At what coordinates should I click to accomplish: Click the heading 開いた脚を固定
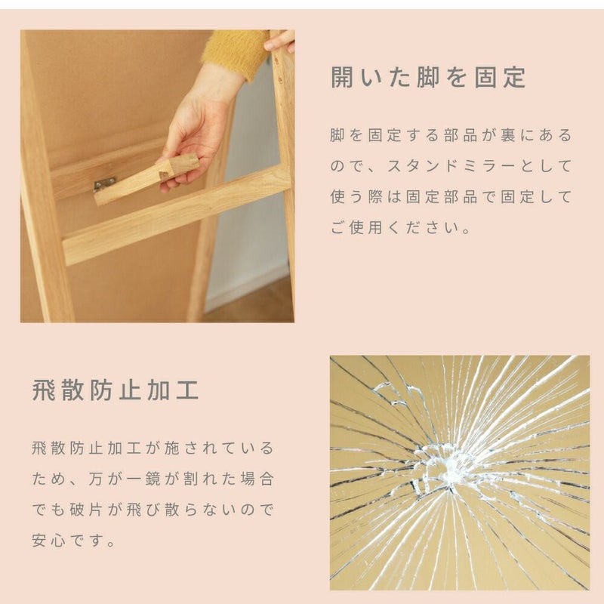click(x=428, y=77)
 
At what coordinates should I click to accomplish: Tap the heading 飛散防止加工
click(x=116, y=390)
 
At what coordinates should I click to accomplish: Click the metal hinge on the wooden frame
click(x=104, y=184)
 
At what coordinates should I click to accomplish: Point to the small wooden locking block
click(x=146, y=178)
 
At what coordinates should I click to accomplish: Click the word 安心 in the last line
click(x=48, y=540)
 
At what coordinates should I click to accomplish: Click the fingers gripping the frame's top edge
click(x=280, y=42)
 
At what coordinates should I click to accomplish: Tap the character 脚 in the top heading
click(x=428, y=77)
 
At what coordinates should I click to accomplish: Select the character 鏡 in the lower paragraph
click(x=153, y=479)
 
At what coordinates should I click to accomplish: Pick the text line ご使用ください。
click(x=401, y=228)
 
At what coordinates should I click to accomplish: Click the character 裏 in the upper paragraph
click(x=508, y=135)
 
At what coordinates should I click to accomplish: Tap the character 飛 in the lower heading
click(x=44, y=390)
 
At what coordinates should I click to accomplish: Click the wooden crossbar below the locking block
click(x=175, y=216)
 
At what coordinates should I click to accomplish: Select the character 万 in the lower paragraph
click(x=96, y=479)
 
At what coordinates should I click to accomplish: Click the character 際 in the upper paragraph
click(x=375, y=197)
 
